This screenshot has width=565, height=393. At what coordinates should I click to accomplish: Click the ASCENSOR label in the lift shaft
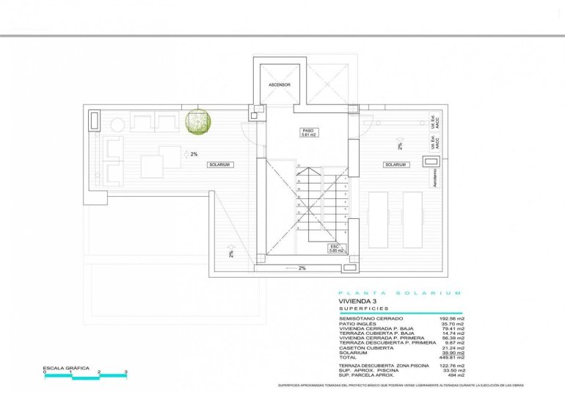coord(279,84)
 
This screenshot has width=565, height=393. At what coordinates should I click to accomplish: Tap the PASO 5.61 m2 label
coord(308,133)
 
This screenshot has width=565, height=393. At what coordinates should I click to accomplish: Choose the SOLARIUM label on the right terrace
coord(395,165)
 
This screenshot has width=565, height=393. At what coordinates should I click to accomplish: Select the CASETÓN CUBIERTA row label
coord(363,348)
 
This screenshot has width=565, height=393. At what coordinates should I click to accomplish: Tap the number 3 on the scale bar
coord(126,372)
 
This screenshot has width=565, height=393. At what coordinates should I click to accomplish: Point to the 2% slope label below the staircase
coord(302,268)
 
